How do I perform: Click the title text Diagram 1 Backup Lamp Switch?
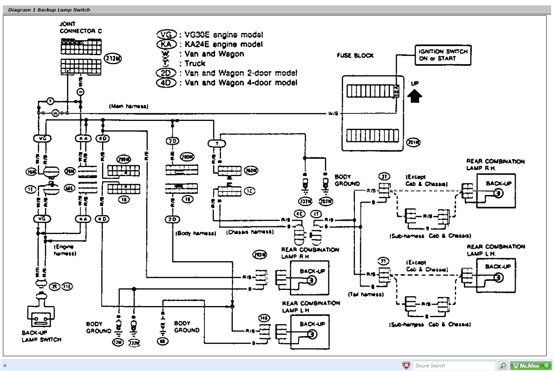(x=49, y=10)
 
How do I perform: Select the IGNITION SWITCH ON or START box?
(x=443, y=55)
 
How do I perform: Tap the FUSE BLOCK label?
(x=355, y=56)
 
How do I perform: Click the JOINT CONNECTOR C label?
(x=81, y=28)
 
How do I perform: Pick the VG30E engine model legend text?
(x=223, y=35)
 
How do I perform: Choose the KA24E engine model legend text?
(x=223, y=44)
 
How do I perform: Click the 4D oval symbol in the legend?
(x=166, y=83)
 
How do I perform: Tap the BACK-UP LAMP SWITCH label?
(x=41, y=336)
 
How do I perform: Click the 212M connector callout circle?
(x=113, y=59)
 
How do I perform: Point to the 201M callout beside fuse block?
(x=413, y=142)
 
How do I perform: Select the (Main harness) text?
(x=128, y=106)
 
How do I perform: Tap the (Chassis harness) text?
(x=250, y=232)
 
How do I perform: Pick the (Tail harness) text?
(x=366, y=294)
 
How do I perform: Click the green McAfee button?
(x=531, y=365)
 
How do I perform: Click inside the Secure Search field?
(x=454, y=365)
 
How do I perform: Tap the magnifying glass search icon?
(x=503, y=365)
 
